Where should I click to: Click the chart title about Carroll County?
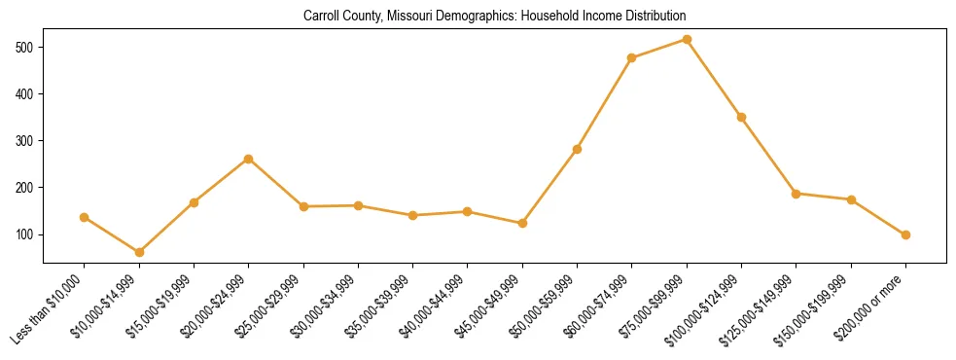[494, 17]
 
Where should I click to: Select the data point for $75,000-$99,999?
[687, 40]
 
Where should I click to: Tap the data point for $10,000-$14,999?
[139, 252]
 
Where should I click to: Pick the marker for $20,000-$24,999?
[249, 159]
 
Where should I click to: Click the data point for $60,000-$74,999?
[632, 58]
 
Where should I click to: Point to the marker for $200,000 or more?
[905, 234]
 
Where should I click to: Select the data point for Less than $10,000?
[85, 217]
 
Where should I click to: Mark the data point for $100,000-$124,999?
[741, 117]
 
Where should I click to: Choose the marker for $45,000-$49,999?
[522, 224]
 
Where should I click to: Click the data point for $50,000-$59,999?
[578, 149]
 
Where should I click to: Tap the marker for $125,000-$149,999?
[797, 194]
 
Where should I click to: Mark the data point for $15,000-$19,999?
[194, 202]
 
